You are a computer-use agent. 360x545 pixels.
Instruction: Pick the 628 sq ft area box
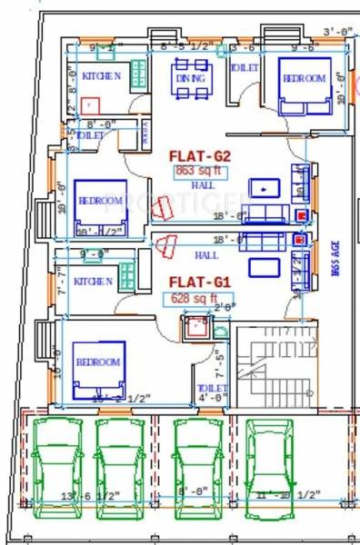[191, 298]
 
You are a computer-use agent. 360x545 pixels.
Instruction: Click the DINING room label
[191, 80]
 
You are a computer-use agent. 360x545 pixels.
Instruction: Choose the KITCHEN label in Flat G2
[102, 77]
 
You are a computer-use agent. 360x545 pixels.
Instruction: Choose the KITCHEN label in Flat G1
[93, 281]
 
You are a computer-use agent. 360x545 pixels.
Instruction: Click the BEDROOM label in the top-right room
[304, 80]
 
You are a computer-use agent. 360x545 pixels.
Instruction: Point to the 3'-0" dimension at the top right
[335, 32]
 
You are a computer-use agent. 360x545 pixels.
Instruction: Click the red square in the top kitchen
[88, 105]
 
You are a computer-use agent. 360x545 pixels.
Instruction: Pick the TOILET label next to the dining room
[244, 68]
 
